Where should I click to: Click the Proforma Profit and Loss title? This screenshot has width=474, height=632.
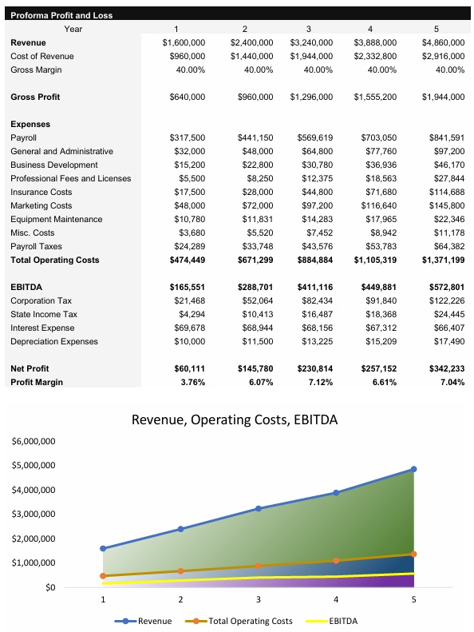coord(61,15)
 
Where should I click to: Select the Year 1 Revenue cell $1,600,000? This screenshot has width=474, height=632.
coord(184,42)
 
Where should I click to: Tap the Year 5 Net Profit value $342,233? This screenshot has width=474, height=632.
coord(444,368)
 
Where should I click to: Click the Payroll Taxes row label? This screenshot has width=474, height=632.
coord(36,246)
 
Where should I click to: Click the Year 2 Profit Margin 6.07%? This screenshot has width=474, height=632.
coord(257,382)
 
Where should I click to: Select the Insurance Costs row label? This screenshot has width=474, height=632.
coord(41,192)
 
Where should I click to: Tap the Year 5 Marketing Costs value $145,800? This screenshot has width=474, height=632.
coord(444,205)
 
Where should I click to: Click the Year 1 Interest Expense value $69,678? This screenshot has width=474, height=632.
coord(188,328)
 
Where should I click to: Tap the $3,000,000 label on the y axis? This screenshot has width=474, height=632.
coord(34,515)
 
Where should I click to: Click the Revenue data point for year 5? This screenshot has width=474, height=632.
coord(413,469)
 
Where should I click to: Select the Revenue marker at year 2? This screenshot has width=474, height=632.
coord(180,529)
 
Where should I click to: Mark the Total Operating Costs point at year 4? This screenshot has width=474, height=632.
coord(336,561)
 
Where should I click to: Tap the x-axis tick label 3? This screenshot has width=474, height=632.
coord(258,599)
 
